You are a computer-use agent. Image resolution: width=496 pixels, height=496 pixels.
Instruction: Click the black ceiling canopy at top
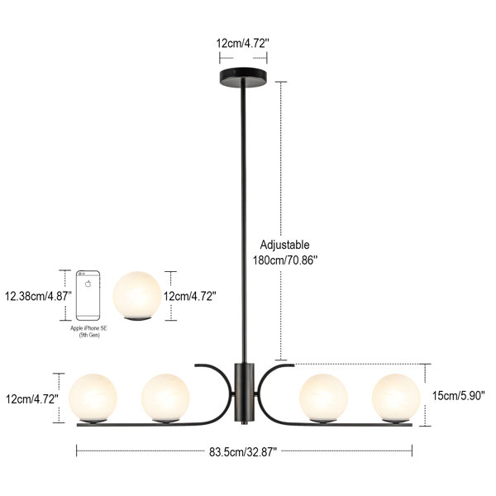click(x=243, y=77)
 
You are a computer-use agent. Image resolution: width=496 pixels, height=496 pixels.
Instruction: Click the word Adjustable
click(x=284, y=245)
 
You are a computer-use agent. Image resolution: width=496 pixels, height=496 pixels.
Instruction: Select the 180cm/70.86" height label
click(x=285, y=259)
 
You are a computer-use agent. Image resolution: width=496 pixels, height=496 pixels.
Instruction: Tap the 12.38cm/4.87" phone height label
click(x=38, y=294)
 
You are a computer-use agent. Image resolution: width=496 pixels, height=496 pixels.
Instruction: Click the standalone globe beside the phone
click(x=137, y=294)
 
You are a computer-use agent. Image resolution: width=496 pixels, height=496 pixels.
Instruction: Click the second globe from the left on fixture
click(x=165, y=398)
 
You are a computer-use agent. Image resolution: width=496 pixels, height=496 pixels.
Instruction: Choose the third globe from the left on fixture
click(x=323, y=398)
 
